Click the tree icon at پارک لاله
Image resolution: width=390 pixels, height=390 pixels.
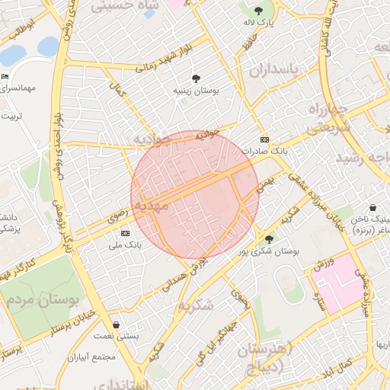click(x=258, y=11)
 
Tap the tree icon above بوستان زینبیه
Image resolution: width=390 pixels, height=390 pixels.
click(x=197, y=78)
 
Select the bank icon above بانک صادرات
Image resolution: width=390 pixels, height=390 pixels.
click(x=264, y=139)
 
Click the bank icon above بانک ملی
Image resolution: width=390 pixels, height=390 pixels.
click(x=125, y=233)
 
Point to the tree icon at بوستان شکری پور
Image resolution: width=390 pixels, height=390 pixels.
click(x=268, y=238)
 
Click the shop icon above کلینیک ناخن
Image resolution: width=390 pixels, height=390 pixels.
click(x=372, y=206)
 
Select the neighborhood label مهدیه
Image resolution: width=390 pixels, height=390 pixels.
click(x=149, y=206)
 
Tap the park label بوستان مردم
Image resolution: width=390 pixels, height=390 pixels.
click(x=43, y=299)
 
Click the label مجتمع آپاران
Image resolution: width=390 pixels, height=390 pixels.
click(x=91, y=356)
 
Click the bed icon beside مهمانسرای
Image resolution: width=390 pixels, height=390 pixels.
click(x=5, y=77)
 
